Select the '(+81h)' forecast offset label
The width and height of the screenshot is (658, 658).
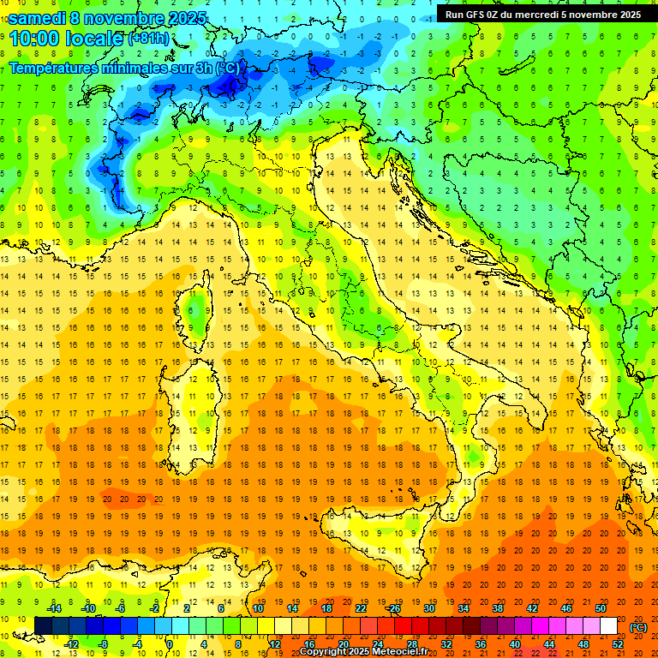click(x=148, y=39)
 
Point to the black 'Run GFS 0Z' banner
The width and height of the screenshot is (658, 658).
click(x=542, y=14)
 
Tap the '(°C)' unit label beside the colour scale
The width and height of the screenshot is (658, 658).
click(x=638, y=627)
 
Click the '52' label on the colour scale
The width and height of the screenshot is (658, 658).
click(x=618, y=644)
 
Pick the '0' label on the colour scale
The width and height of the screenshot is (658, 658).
click(x=170, y=644)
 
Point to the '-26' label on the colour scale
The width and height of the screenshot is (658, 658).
click(x=393, y=608)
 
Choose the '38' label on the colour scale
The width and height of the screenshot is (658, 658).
click(x=497, y=608)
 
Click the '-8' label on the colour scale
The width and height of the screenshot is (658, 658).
click(x=104, y=644)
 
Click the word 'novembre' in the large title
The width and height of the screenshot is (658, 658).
click(x=122, y=18)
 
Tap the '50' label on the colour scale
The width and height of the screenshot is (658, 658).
click(x=601, y=608)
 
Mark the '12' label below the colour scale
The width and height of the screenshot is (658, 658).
click(x=274, y=644)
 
